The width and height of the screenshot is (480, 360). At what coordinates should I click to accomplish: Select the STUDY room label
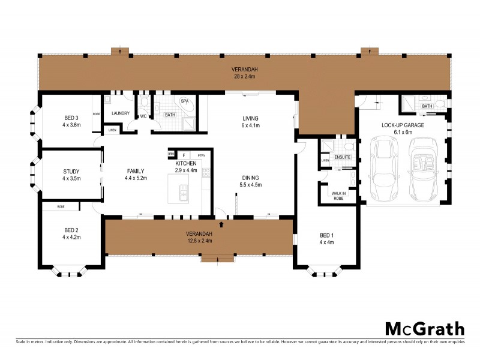click(x=71, y=172)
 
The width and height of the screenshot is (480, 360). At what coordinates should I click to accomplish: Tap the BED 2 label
click(x=71, y=230)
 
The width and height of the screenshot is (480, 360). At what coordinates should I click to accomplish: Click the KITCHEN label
click(x=185, y=164)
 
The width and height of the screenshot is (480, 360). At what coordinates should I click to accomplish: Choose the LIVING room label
click(x=250, y=118)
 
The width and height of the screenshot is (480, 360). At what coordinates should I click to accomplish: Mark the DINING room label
click(x=250, y=178)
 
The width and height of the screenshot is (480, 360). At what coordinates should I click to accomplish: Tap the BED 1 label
click(x=326, y=236)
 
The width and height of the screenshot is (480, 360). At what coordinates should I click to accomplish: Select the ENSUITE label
click(x=343, y=157)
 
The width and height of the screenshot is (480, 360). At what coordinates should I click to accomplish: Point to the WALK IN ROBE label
click(x=338, y=195)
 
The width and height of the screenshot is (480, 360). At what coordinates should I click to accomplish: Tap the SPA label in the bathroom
click(x=184, y=101)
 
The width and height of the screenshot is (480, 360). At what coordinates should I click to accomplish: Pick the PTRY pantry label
click(x=201, y=156)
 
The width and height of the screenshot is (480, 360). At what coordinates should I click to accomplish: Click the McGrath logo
click(x=424, y=329)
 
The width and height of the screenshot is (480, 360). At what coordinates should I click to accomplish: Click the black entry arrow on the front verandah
click(x=223, y=224)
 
